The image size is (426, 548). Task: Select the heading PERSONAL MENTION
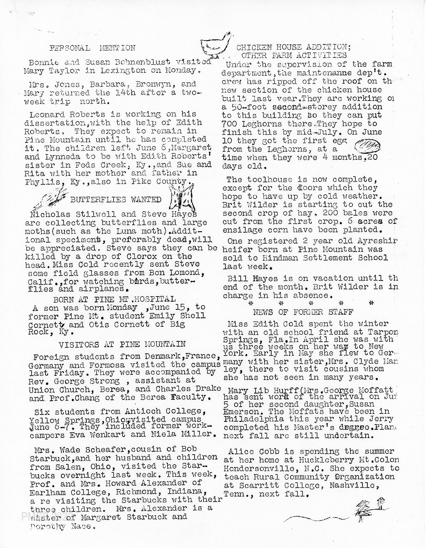92,48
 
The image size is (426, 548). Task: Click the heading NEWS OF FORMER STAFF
303,312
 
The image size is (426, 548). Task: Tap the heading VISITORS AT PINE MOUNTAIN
122,344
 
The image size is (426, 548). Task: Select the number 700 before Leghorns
230,124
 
